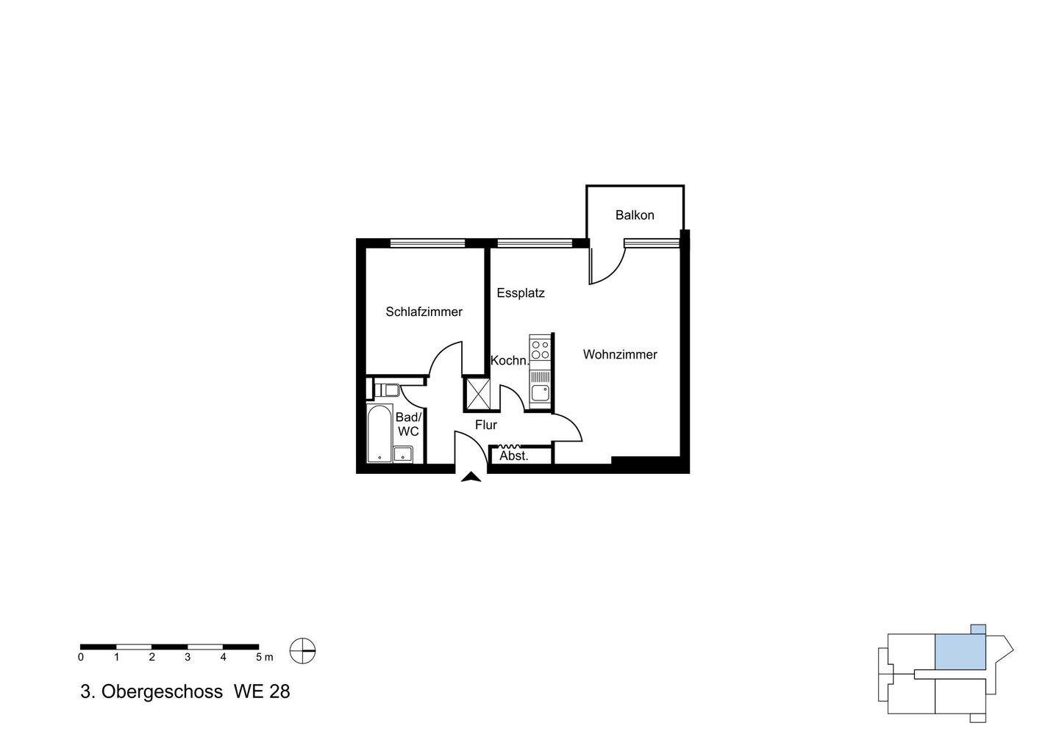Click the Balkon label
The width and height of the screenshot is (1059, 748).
tap(635, 215)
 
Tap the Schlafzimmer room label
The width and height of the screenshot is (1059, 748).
tap(424, 312)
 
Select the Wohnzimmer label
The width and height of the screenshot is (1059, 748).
tap(620, 354)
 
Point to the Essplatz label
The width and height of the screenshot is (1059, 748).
tap(520, 292)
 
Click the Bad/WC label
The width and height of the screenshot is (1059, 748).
tap(407, 424)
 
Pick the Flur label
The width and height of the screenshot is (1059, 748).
tap(485, 425)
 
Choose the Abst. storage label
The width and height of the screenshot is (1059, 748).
tap(514, 456)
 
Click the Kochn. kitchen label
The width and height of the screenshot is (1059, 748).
tap(509, 361)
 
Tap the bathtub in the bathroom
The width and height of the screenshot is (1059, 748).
tap(379, 434)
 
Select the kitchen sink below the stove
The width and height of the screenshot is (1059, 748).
tap(540, 389)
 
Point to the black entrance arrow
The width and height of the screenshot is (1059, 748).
tap(471, 478)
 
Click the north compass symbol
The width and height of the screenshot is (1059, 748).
tap(302, 650)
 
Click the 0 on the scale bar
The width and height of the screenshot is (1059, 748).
tap(81, 657)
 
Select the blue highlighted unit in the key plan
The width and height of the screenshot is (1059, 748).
tap(960, 651)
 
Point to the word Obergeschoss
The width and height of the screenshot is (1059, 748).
tap(162, 691)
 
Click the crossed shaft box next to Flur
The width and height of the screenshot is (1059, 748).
tap(477, 394)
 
